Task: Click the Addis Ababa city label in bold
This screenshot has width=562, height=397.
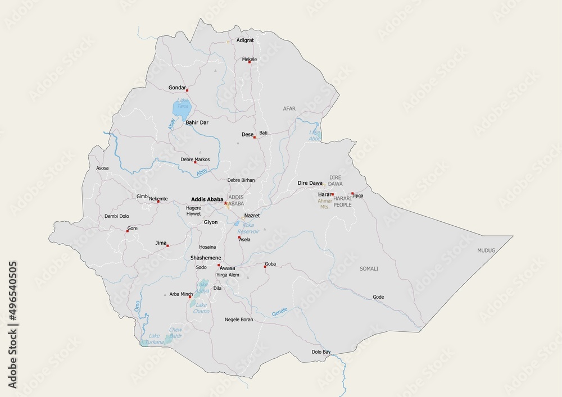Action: [207, 199]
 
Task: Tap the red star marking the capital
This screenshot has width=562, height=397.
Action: [226, 204]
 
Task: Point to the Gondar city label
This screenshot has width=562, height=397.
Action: [177, 88]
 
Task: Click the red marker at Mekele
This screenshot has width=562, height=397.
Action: [250, 62]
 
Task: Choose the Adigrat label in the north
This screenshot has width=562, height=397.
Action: [245, 40]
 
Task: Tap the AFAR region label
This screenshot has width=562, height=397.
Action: [289, 108]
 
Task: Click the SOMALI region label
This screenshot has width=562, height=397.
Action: [369, 269]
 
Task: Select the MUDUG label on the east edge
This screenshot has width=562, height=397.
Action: [486, 250]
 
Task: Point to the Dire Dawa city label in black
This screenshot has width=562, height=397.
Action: [310, 183]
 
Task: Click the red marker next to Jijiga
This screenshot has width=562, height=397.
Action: [352, 194]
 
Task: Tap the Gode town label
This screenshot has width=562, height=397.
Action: [378, 297]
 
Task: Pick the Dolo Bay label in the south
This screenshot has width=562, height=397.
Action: [321, 352]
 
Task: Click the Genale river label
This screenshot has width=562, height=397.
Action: [279, 312]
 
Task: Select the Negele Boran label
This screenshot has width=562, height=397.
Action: [239, 320]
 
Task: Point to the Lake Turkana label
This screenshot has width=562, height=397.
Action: [154, 339]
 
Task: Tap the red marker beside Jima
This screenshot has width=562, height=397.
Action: [167, 245]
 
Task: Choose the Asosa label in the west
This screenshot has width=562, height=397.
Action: [102, 168]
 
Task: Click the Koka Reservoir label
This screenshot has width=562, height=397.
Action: [247, 228]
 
